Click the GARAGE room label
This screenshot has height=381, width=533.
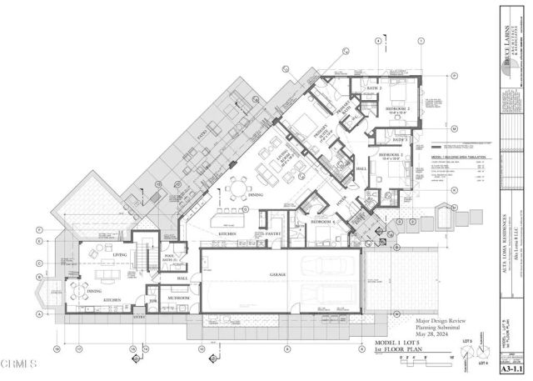pyautogui.click(x=279, y=274)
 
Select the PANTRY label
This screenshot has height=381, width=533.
pyautogui.click(x=272, y=234)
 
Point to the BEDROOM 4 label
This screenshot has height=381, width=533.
pyautogui.click(x=323, y=222)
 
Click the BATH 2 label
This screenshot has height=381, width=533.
pyautogui.click(x=374, y=88)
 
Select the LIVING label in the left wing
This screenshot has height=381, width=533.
pyautogui.click(x=119, y=256)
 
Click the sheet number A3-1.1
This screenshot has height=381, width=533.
pyautogui.click(x=509, y=366)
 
